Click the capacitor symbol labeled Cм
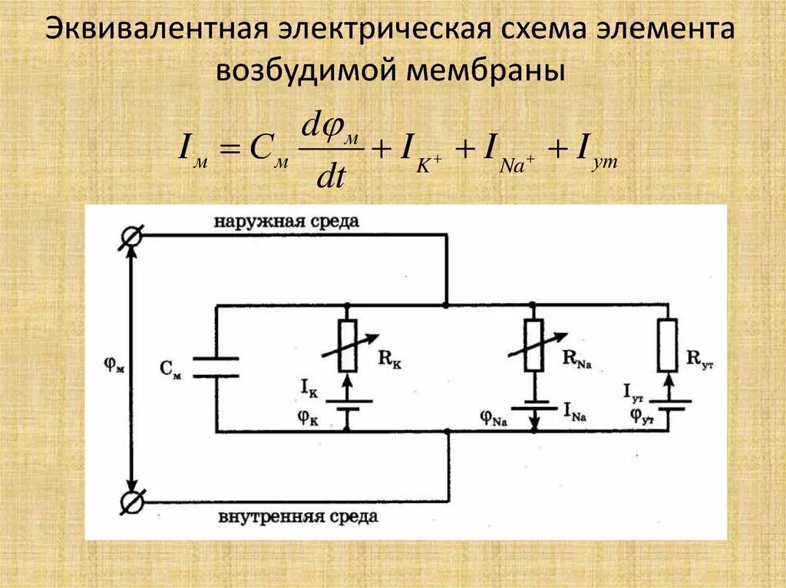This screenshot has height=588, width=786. (x=216, y=367)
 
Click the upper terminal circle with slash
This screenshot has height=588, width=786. (x=131, y=238)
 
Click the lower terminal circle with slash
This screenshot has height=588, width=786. (x=131, y=502)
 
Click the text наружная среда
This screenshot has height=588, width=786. (x=286, y=222)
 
